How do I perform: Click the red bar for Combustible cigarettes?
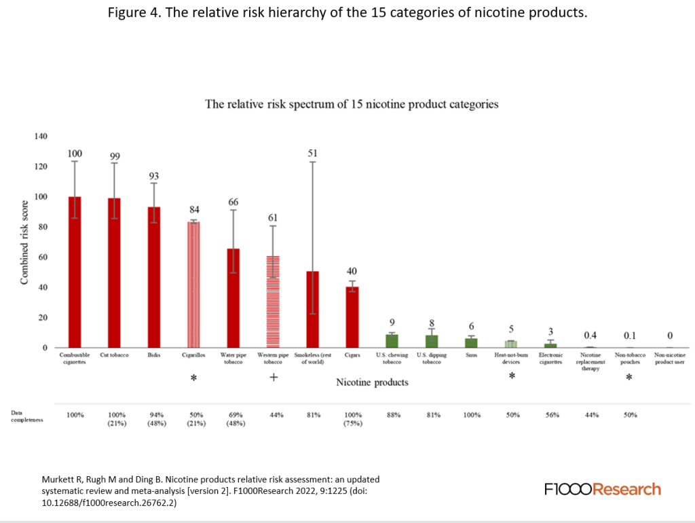click(x=74, y=272)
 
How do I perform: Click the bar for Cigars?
click(x=352, y=317)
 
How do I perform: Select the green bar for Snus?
click(x=471, y=343)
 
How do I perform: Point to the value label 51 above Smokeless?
click(x=312, y=153)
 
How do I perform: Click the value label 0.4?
click(x=590, y=335)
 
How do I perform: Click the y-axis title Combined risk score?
click(x=24, y=242)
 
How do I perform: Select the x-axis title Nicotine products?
click(x=372, y=382)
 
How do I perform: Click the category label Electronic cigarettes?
click(x=550, y=358)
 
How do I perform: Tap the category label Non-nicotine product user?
click(x=670, y=358)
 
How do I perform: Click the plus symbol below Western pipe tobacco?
click(x=273, y=377)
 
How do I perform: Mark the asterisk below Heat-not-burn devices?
click(x=511, y=376)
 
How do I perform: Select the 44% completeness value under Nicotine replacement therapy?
click(x=590, y=414)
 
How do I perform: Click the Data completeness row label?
click(x=26, y=416)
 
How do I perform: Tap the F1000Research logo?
click(x=602, y=489)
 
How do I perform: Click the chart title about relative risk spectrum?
click(x=352, y=105)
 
